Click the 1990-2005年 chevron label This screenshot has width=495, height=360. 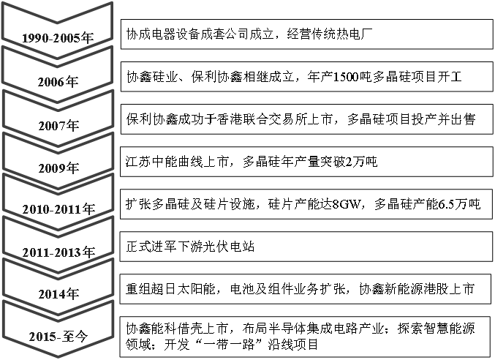(58, 38)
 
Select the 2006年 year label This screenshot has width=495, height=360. (58, 82)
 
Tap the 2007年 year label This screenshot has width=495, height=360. (58, 126)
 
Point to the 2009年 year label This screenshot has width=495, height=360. (58, 168)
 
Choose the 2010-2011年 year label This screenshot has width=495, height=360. (58, 209)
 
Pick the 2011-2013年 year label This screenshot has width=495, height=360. (58, 252)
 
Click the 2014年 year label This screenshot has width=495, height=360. (58, 294)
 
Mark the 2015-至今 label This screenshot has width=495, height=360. (58, 337)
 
